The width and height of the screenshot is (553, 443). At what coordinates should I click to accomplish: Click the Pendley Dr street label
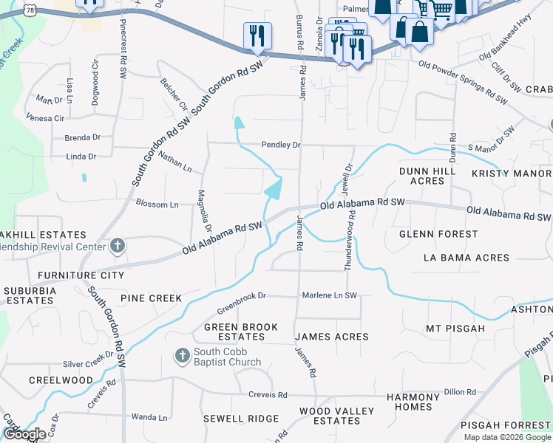pos(280,145)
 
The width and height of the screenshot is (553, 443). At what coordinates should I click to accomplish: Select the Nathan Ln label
pos(174,162)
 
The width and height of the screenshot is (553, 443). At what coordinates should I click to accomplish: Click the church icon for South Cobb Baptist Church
pos(182,356)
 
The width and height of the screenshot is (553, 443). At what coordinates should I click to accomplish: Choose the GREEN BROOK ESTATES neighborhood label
pos(240,332)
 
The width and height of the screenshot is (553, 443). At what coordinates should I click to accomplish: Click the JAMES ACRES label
pos(331,337)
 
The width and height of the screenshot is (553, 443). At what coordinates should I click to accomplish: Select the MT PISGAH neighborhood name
pos(455,328)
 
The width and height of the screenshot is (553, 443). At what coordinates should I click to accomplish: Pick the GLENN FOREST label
pos(438,234)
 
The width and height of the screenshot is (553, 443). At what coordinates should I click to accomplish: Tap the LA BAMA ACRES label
pos(466,258)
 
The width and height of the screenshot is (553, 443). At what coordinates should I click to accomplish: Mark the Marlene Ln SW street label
pos(329,295)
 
